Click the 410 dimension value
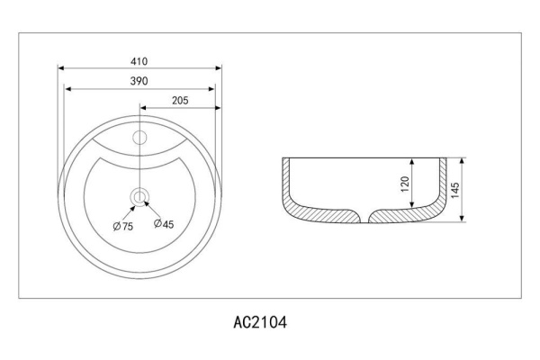pos(139,61)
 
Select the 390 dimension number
pos(139,81)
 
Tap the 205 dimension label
pos(180,100)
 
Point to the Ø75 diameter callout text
pos(123,226)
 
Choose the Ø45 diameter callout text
pos(164,224)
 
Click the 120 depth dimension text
pos(405,184)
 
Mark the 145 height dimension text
pos(454,190)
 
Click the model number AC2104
pos(260,322)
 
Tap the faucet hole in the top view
pos(139,138)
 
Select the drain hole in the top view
pos(139,197)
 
